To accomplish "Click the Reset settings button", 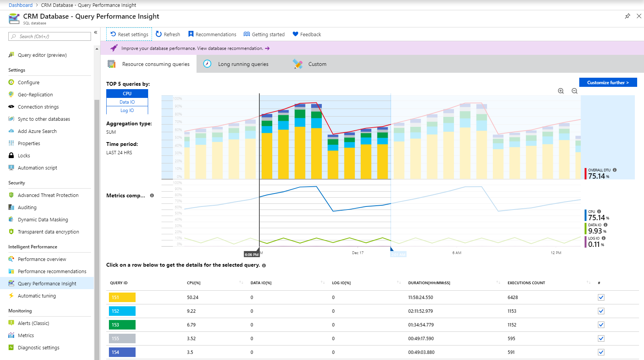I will (x=129, y=34).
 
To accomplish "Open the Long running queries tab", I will (x=243, y=64).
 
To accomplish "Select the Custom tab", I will (x=317, y=64).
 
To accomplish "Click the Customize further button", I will (x=607, y=82).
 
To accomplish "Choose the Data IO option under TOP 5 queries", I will (x=127, y=102).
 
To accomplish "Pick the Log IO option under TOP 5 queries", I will (x=127, y=110).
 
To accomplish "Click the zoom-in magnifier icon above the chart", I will (x=561, y=91).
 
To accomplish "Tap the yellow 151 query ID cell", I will (x=122, y=298).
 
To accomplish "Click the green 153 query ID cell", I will (x=122, y=325).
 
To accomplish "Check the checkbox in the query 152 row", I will (x=601, y=311).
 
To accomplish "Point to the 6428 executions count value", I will (x=513, y=298).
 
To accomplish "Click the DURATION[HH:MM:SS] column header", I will (x=429, y=283).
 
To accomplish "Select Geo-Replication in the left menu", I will (x=35, y=94).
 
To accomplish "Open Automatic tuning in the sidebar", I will (x=37, y=296).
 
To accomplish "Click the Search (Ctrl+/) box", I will (x=50, y=37).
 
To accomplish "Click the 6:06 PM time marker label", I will (x=251, y=254).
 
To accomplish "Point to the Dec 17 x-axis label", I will (x=358, y=253).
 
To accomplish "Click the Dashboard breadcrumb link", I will (x=21, y=5).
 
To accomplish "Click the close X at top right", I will (x=639, y=16).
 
